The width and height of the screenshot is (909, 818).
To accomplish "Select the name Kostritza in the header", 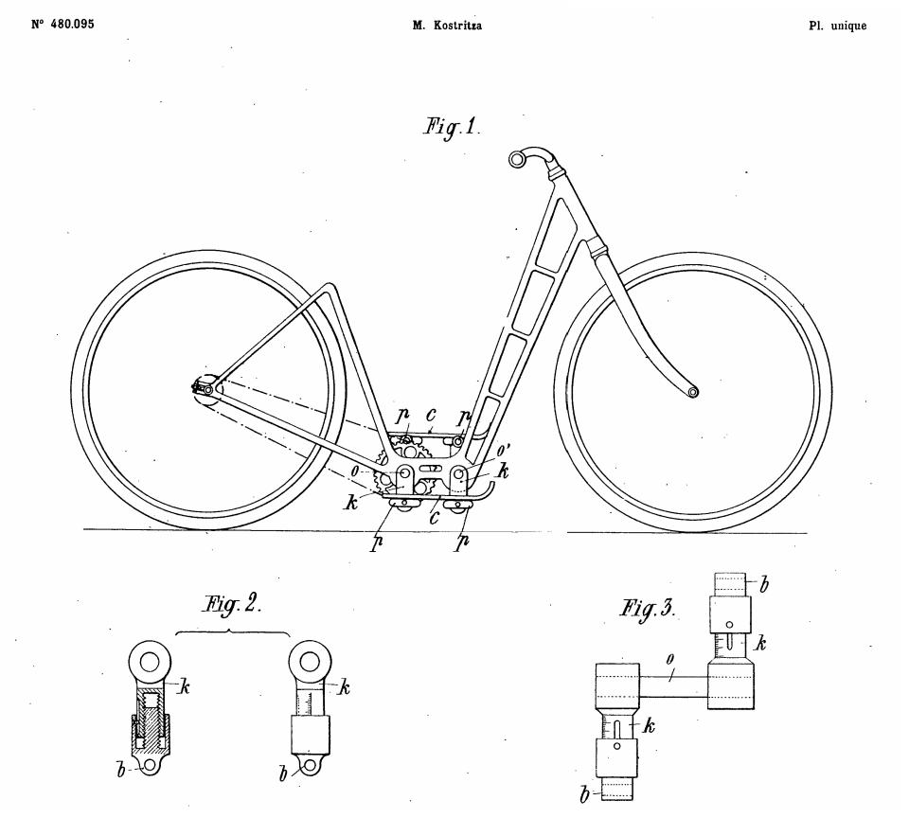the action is point(456,27).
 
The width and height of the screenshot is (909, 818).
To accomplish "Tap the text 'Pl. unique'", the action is point(838,27).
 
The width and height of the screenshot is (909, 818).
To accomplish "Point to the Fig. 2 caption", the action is point(231,605).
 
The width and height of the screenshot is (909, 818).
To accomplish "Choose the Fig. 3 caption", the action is point(648,609).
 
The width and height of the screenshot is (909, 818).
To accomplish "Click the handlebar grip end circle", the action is point(517,158).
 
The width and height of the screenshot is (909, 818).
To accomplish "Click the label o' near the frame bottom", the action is point(503,450).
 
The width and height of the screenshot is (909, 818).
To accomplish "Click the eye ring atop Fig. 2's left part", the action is point(151,660).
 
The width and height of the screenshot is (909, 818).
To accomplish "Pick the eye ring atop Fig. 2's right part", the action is point(311,660).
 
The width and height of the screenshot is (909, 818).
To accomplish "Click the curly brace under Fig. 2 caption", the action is point(232,631).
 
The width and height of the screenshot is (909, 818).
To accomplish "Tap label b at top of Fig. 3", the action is point(764,584).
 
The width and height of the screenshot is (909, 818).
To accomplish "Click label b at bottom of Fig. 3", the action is point(584,794).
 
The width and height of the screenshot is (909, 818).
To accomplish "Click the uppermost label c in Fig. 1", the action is point(431,416).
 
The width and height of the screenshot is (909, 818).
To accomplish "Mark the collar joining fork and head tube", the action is point(597,249).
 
